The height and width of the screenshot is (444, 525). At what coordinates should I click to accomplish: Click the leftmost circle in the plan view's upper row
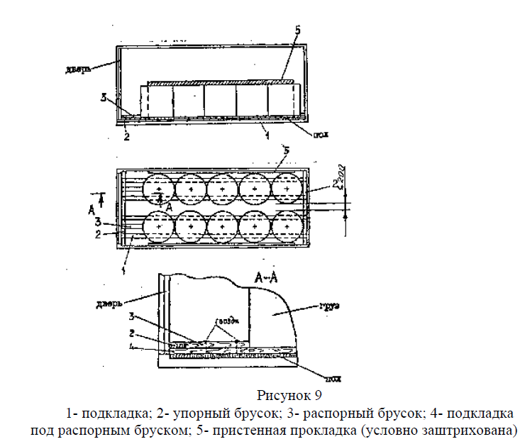pyautogui.click(x=159, y=189)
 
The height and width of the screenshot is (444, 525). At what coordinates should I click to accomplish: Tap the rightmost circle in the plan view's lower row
pyautogui.click(x=288, y=227)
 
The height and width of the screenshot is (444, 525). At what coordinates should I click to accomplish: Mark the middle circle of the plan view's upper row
pyautogui.click(x=223, y=189)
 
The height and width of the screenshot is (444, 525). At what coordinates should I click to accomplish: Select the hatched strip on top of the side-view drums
pyautogui.click(x=220, y=82)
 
